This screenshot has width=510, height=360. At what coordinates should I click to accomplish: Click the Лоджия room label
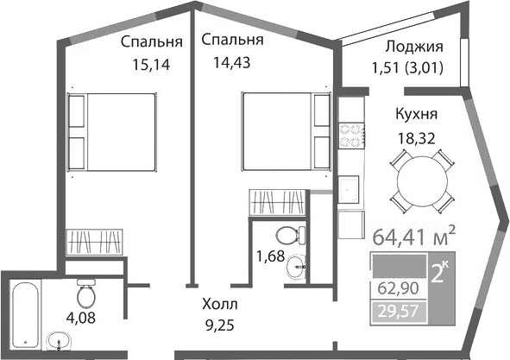[x=414, y=47]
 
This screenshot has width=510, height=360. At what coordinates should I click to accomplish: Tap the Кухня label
[x=416, y=115]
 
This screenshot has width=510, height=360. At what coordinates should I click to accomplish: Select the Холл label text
[x=220, y=305]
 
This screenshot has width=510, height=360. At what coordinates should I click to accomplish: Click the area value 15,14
[x=151, y=65]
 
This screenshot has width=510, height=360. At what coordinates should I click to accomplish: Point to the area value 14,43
[x=231, y=62]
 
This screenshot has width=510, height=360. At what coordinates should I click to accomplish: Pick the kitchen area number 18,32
[x=417, y=139]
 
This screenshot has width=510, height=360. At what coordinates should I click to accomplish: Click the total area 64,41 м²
[x=413, y=237]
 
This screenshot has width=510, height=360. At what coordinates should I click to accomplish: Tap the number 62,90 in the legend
[x=398, y=288]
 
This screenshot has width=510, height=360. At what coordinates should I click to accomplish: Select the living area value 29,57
[x=398, y=312]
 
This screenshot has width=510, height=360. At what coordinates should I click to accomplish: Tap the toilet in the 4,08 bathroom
[x=86, y=293]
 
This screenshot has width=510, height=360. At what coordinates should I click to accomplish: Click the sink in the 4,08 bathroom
[x=60, y=341]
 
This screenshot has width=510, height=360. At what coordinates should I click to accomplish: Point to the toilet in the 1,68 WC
[x=291, y=236]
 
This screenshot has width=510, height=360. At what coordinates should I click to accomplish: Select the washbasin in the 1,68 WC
[x=296, y=267]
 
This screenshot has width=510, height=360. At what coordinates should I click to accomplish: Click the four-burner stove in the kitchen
[x=351, y=135]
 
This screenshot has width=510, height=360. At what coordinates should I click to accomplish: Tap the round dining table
[x=422, y=180]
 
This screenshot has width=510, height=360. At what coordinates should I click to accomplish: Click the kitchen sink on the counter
[x=349, y=189]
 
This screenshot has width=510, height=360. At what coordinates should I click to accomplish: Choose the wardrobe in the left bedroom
[x=95, y=242]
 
